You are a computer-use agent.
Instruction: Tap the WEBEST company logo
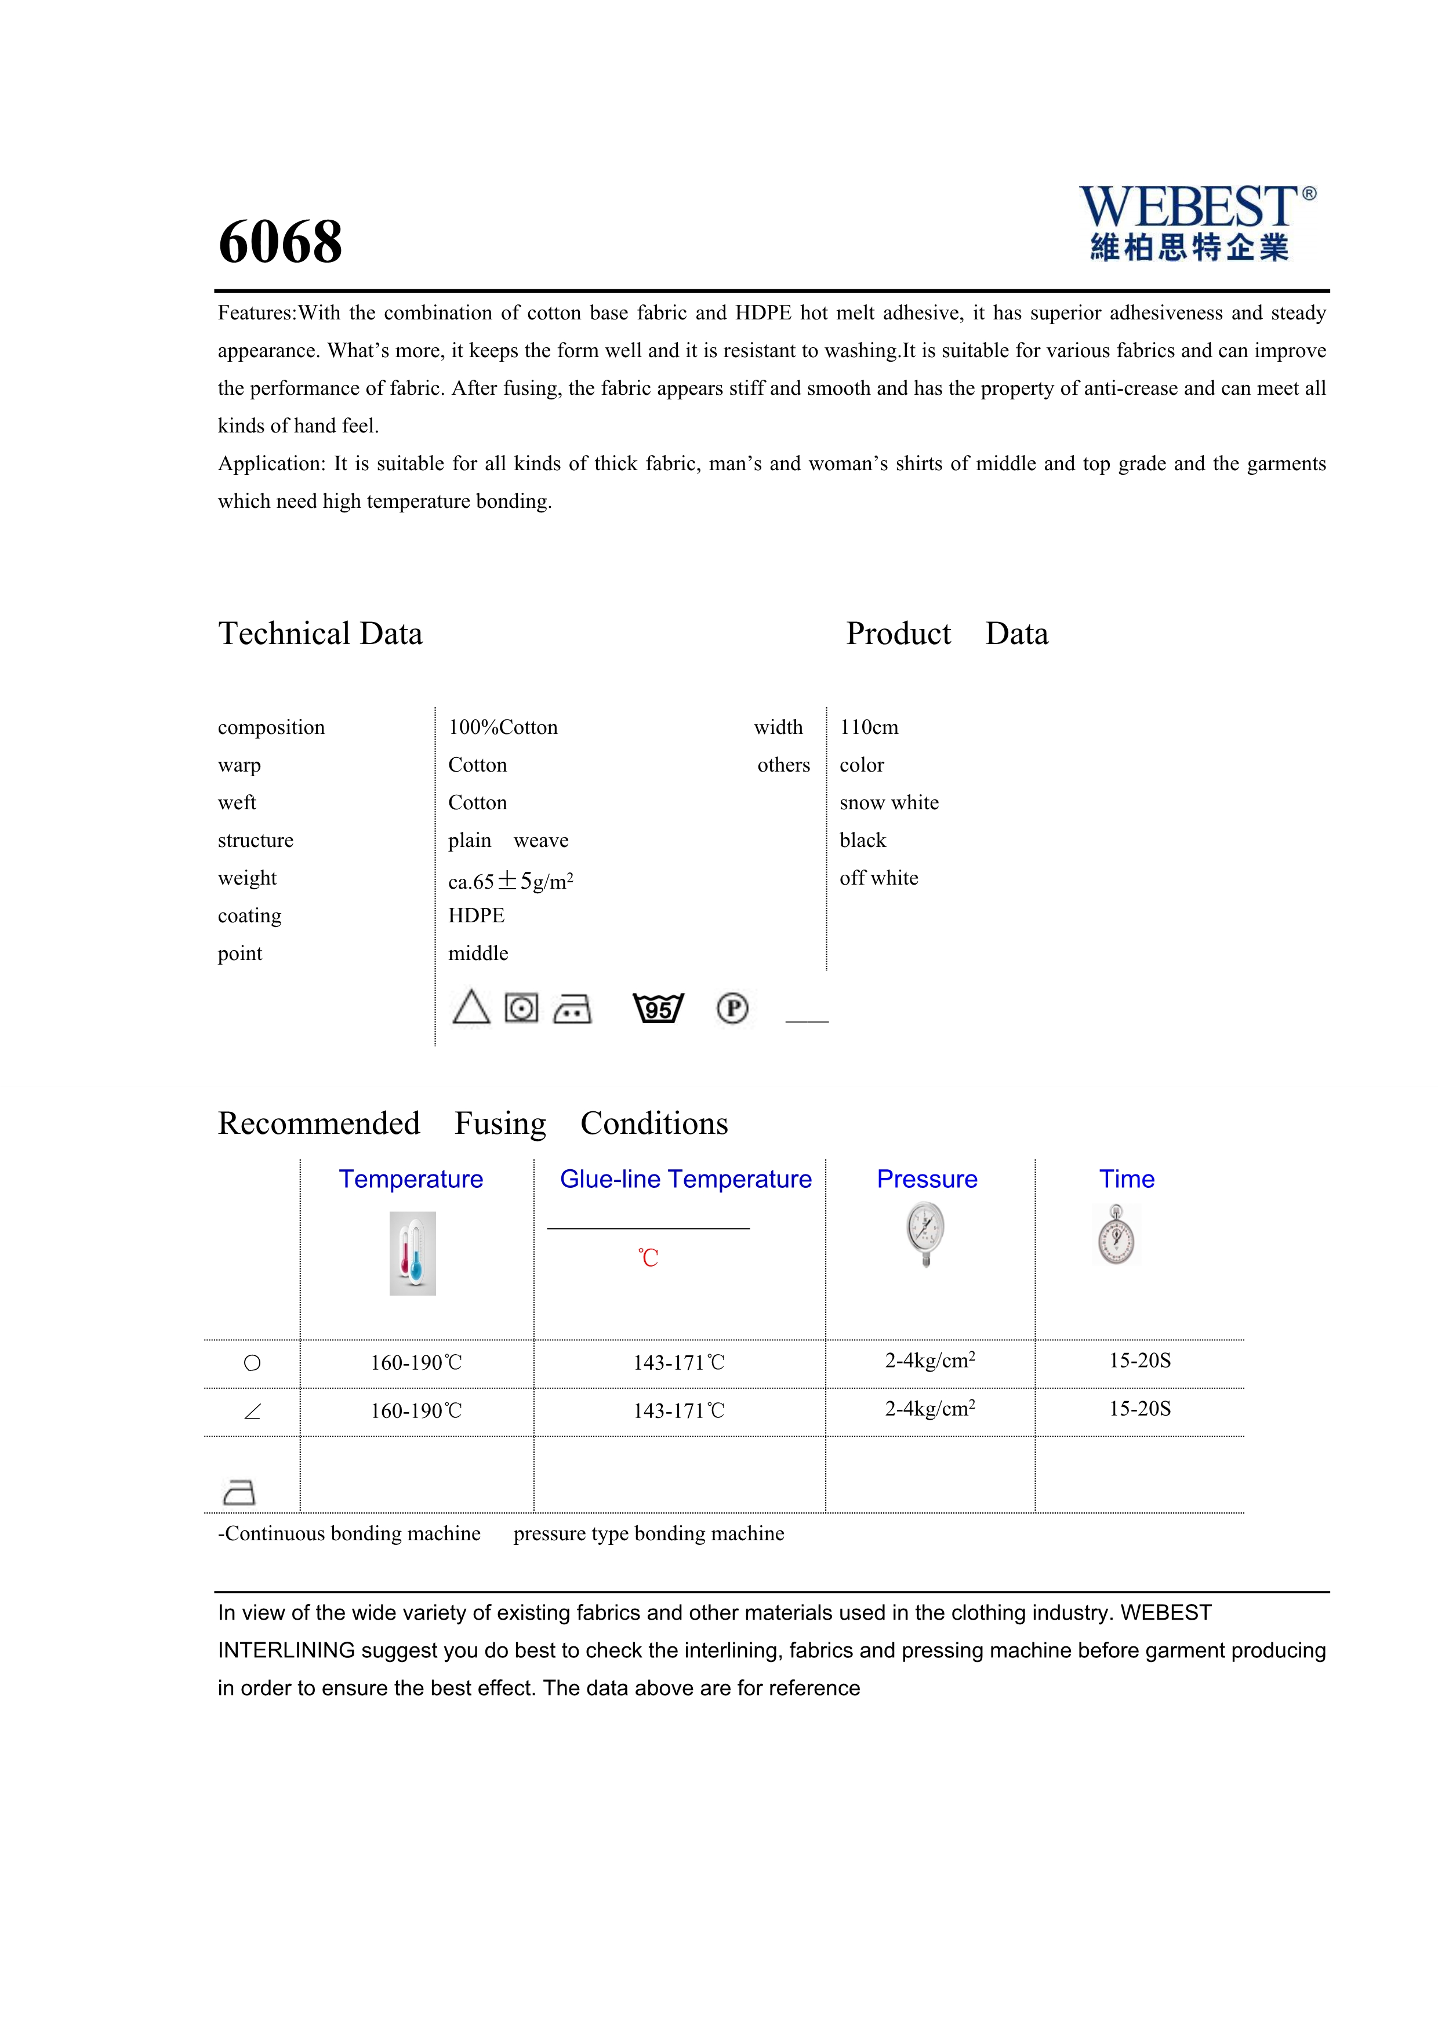click(1196, 223)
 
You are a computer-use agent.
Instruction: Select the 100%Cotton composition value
click(503, 728)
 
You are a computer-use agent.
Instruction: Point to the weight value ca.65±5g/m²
click(510, 881)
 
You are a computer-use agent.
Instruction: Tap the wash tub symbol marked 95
click(658, 1009)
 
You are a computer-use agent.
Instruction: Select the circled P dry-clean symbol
click(732, 1009)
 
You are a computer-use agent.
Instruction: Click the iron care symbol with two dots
click(572, 1009)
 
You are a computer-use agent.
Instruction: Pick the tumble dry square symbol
click(521, 1009)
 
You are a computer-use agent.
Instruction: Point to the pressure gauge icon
click(925, 1234)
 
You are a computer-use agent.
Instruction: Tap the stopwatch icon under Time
click(1117, 1235)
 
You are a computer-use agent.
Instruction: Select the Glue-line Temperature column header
click(685, 1180)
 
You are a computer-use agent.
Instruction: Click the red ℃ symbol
click(648, 1258)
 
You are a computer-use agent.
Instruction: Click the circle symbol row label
click(252, 1363)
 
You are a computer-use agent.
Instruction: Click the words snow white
click(889, 803)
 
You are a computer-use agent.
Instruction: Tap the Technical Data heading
click(321, 634)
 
